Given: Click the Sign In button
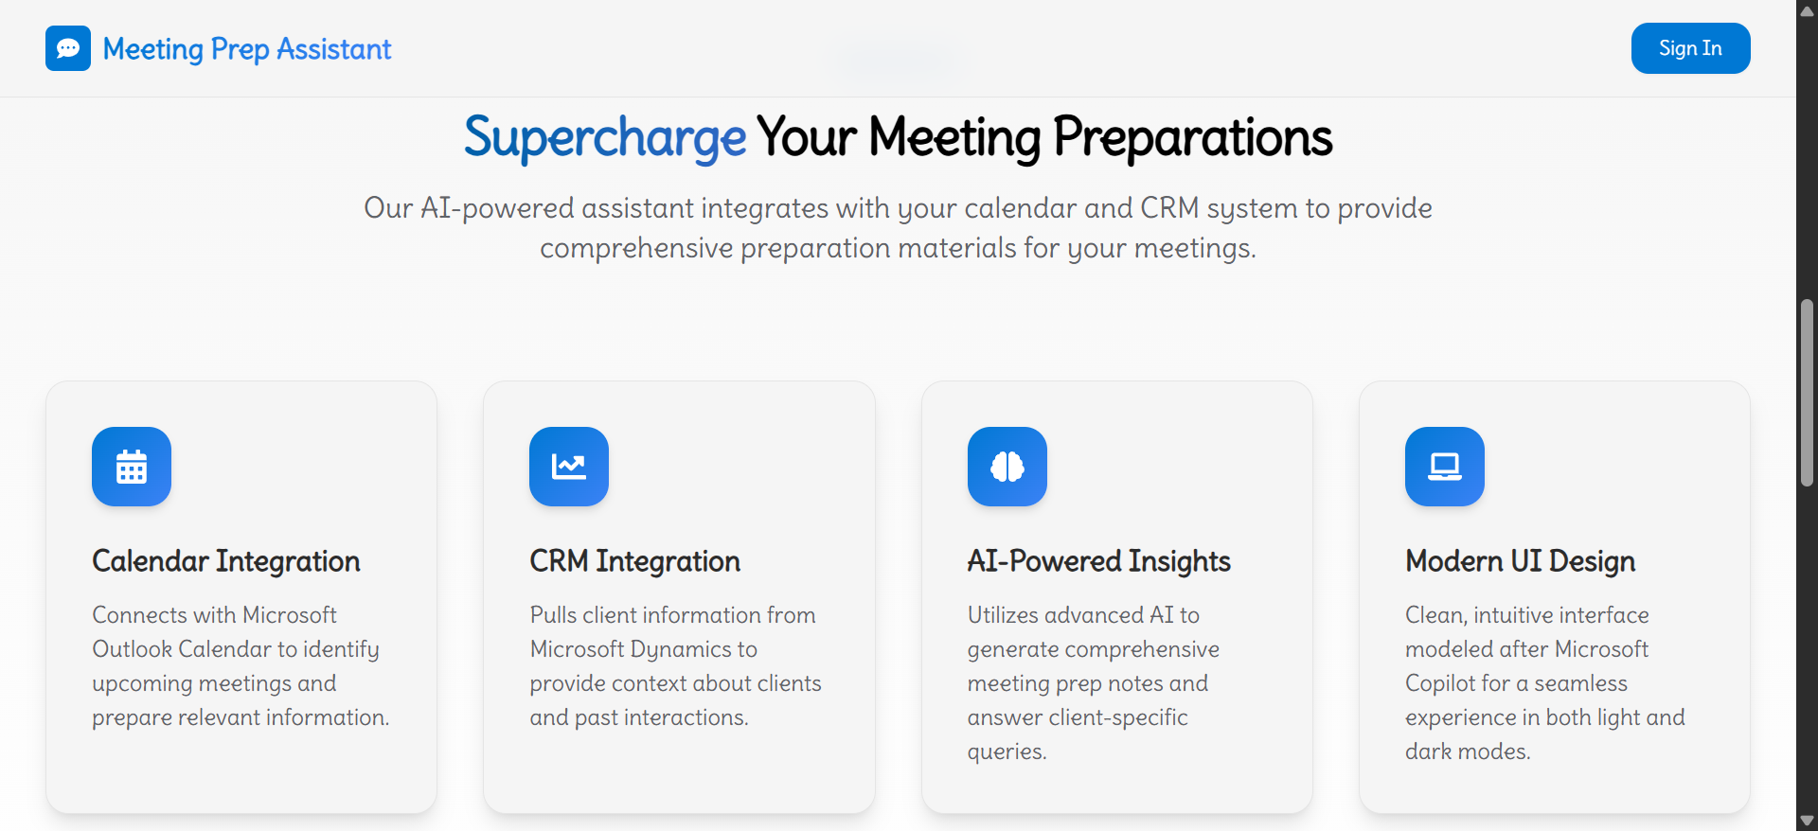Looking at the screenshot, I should pyautogui.click(x=1690, y=48).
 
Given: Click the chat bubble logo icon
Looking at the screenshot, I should pyautogui.click(x=68, y=48).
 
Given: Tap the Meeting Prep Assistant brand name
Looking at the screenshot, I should pyautogui.click(x=246, y=49).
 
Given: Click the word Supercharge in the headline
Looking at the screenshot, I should pyautogui.click(x=605, y=137).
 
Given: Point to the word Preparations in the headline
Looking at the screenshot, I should pyautogui.click(x=1192, y=137).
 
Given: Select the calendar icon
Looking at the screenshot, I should pyautogui.click(x=132, y=467).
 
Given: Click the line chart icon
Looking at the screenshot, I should pyautogui.click(x=569, y=467).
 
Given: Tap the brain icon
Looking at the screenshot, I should pyautogui.click(x=1007, y=467).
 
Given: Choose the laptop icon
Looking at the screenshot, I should pyautogui.click(x=1445, y=467).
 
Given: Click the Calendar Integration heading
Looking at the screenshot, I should pyautogui.click(x=226, y=561).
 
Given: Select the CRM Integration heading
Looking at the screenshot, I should pyautogui.click(x=634, y=561).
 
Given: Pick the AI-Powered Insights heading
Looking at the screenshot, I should pyautogui.click(x=1098, y=561).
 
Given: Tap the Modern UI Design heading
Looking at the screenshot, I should pyautogui.click(x=1520, y=561).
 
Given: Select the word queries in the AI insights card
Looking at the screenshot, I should pyautogui.click(x=1006, y=752).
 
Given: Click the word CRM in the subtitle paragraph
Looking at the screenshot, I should pyautogui.click(x=1169, y=208).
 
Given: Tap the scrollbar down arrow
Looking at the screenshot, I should pyautogui.click(x=1807, y=821).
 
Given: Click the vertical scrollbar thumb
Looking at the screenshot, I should pyautogui.click(x=1807, y=393).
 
